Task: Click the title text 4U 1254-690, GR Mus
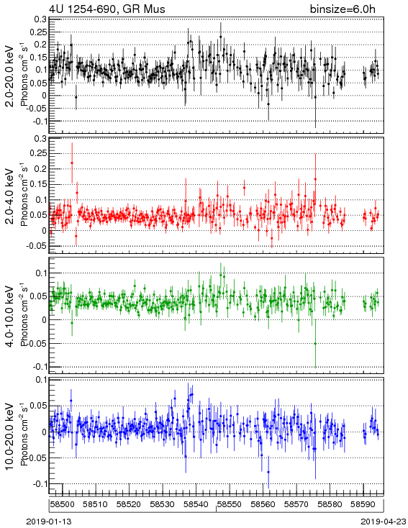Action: click(x=107, y=9)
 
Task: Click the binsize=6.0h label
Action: click(x=343, y=9)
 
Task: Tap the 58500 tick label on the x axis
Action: click(x=63, y=504)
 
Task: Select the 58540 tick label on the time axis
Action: click(x=196, y=504)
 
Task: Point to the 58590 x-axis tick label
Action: click(x=363, y=504)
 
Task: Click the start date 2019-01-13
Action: click(x=49, y=522)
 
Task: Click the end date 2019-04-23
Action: click(x=384, y=522)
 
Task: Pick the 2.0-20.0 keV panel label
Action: click(x=10, y=76)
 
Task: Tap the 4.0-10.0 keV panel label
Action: click(x=10, y=316)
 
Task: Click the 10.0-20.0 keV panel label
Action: click(x=10, y=436)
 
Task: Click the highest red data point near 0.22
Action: click(x=72, y=163)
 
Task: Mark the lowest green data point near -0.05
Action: click(x=315, y=343)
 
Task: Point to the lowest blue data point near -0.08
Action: click(x=268, y=472)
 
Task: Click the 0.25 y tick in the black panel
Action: click(x=40, y=32)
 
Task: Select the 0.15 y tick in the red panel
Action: click(x=38, y=184)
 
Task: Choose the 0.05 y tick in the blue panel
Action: click(x=38, y=406)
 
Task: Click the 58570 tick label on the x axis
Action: click(x=296, y=504)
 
